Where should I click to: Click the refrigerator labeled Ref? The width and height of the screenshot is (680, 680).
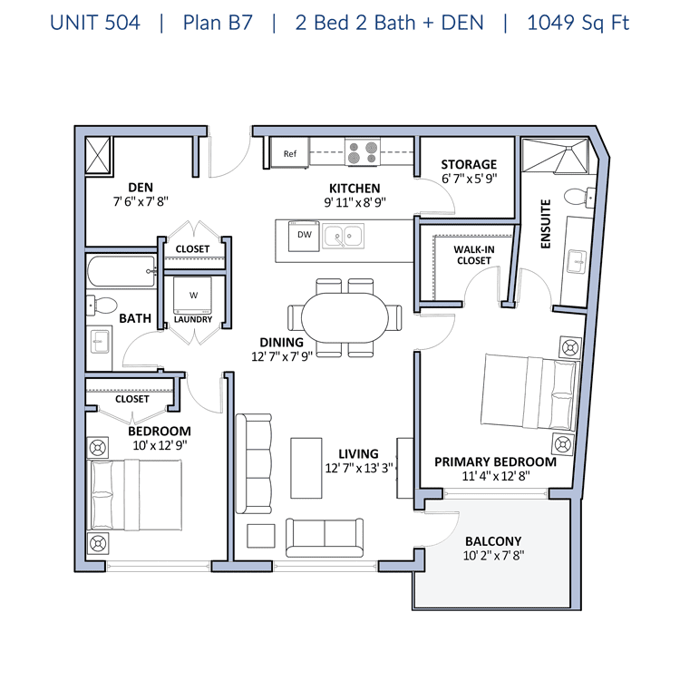290,153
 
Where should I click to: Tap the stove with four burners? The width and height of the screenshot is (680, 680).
363,153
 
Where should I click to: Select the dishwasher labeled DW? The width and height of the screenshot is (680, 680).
302,238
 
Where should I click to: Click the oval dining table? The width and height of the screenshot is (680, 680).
345,317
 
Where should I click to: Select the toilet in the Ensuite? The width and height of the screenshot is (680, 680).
575,197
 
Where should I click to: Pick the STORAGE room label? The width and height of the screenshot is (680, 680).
469,164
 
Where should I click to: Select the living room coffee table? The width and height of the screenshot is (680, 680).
306,466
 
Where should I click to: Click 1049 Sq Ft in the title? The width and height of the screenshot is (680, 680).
578,23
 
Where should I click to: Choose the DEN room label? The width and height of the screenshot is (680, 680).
141,188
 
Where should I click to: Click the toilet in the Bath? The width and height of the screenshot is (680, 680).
102,306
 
